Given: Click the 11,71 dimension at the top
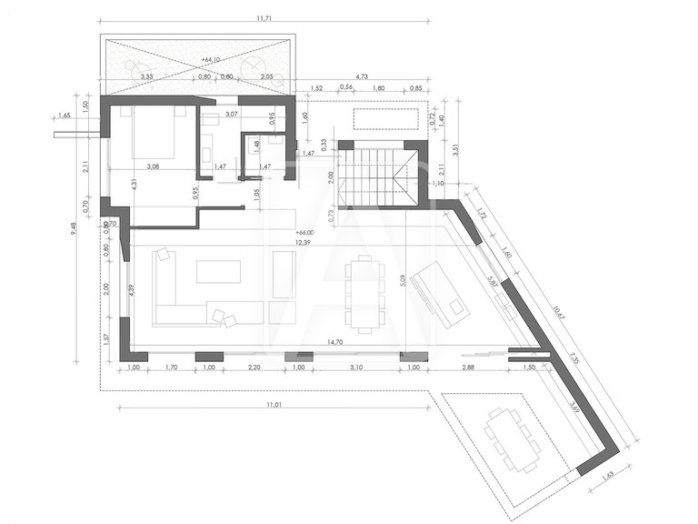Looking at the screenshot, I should tap(264, 17).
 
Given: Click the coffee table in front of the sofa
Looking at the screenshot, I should tap(219, 272).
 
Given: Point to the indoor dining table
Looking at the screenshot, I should tap(365, 290).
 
